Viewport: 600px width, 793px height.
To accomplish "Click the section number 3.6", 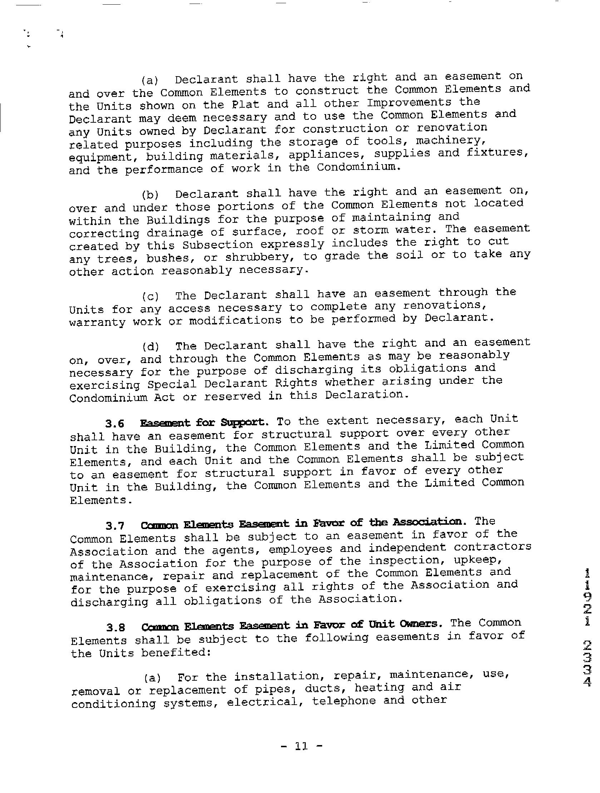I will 114,424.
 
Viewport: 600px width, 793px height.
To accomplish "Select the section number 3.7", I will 115,526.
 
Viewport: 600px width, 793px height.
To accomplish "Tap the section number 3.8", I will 115,628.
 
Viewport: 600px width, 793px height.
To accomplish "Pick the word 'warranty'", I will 97,322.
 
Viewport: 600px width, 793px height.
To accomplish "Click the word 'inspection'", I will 407,561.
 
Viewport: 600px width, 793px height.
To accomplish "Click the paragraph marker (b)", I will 150,195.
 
